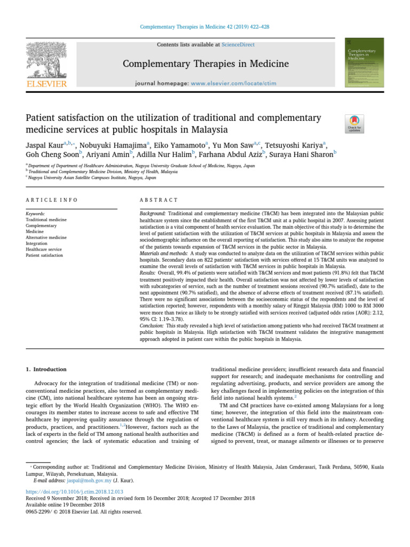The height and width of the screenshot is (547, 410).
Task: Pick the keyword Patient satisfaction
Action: pos(44,255)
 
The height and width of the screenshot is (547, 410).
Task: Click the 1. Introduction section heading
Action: pos(46,369)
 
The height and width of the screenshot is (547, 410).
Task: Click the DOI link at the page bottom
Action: pos(74,491)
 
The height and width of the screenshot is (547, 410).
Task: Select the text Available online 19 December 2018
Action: pos(65,504)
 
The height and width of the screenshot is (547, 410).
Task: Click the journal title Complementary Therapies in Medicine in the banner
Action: pos(206,64)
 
